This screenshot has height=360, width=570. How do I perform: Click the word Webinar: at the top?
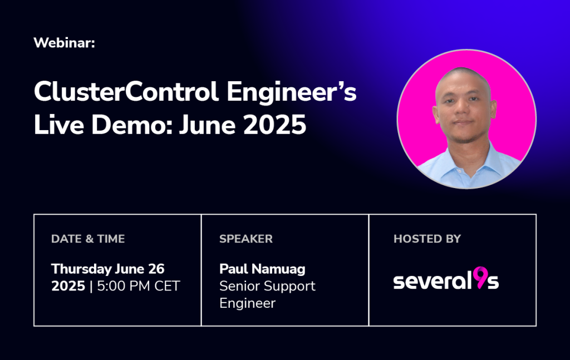point(65,43)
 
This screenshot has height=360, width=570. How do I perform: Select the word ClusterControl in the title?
point(126,91)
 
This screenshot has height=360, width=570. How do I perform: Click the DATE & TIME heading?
point(88,239)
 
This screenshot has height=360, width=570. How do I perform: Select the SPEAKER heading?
point(245,239)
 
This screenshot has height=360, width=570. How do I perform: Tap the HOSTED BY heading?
point(427,239)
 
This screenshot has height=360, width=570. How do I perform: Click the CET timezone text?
point(167,286)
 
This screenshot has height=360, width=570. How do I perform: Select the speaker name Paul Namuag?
point(263,269)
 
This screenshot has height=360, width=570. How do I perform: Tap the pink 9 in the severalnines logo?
point(480,278)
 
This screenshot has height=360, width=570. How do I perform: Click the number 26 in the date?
point(156,269)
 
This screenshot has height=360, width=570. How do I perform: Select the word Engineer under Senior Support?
point(248,304)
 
